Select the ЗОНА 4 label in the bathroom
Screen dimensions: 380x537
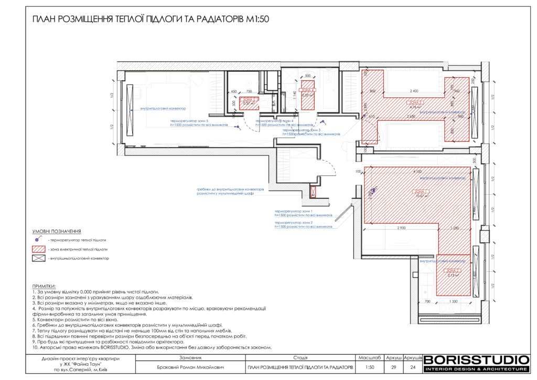[307, 90]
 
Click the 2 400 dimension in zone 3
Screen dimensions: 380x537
[413, 91]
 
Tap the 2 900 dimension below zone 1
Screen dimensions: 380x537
[402, 228]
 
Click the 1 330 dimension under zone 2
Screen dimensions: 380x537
[454, 302]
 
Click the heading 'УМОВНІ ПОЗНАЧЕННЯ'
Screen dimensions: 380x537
[57, 231]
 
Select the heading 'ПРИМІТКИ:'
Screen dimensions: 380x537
[44, 286]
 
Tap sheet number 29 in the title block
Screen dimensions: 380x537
[394, 368]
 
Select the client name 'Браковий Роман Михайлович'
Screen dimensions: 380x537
[190, 368]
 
